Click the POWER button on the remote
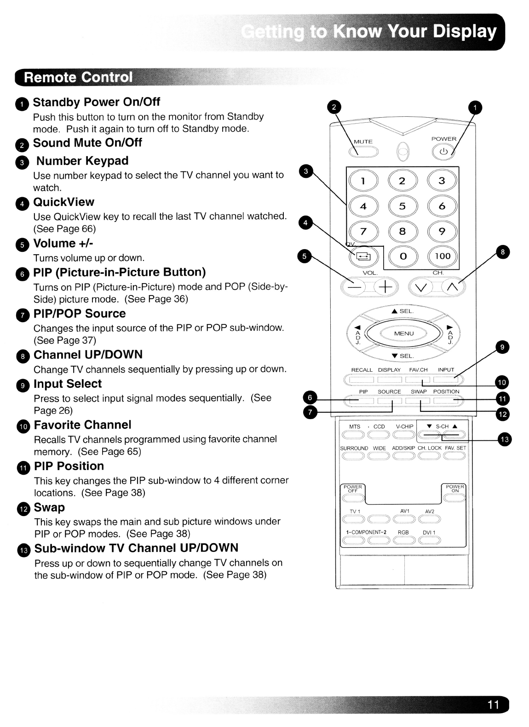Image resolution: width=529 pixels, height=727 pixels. (443, 151)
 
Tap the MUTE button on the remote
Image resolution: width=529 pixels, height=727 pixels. (363, 151)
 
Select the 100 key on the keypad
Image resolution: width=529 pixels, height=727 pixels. (443, 256)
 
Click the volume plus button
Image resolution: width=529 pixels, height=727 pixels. (385, 287)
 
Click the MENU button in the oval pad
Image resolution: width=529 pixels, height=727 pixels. (403, 333)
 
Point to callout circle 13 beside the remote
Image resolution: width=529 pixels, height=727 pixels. (505, 439)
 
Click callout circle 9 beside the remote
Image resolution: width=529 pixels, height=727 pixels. (502, 347)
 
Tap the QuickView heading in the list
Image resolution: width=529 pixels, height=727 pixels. (63, 202)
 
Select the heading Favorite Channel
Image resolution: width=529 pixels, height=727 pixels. (82, 425)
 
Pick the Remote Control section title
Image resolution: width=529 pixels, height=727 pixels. (78, 77)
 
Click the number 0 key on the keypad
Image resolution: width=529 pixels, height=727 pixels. (403, 256)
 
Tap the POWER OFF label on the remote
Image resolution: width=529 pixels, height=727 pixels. (353, 488)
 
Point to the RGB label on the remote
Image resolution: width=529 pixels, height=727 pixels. (403, 532)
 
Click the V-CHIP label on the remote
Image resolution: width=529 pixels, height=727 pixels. (404, 426)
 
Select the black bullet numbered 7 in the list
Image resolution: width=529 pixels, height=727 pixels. (22, 314)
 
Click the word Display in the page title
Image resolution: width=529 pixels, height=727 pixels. (465, 31)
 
